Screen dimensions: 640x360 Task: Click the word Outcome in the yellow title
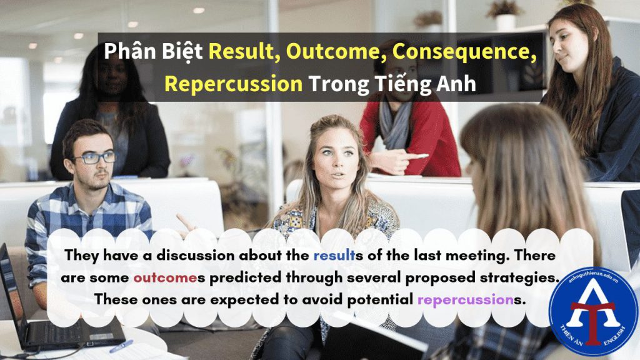click(x=336, y=51)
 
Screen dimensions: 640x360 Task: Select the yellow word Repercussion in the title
click(x=234, y=84)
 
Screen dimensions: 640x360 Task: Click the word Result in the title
click(x=244, y=51)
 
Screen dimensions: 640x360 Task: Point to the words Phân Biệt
click(x=153, y=51)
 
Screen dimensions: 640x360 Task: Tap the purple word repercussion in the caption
click(x=465, y=300)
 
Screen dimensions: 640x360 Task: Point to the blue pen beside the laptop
click(x=121, y=346)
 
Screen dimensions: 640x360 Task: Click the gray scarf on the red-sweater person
click(x=394, y=122)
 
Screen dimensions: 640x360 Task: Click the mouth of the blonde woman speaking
click(x=337, y=175)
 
